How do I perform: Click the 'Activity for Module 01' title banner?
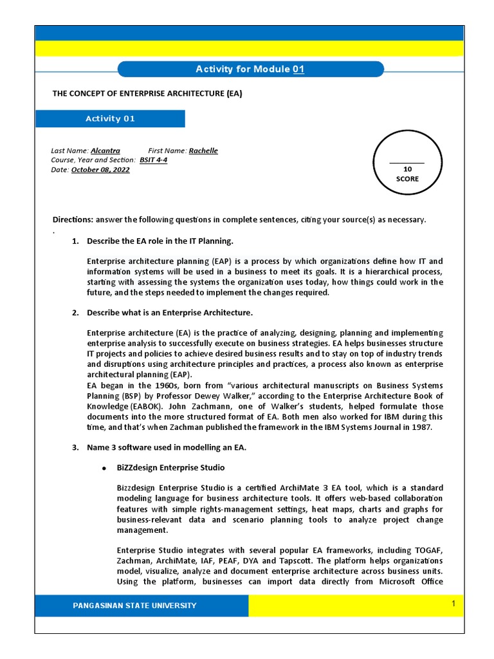click(250, 70)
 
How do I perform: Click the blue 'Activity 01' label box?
click(110, 118)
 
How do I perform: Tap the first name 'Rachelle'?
click(203, 151)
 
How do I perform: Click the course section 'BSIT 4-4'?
click(153, 160)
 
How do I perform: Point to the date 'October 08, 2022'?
click(100, 170)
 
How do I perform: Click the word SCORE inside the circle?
click(407, 179)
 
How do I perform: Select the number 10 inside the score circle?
click(407, 169)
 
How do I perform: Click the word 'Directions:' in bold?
click(73, 219)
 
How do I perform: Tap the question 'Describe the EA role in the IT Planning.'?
click(160, 241)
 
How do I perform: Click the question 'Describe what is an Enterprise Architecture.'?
click(170, 313)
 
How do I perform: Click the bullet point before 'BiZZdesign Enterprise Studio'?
click(103, 468)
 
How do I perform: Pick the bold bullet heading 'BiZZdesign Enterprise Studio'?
click(170, 467)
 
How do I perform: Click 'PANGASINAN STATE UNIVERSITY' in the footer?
click(134, 606)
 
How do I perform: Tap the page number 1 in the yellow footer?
click(453, 604)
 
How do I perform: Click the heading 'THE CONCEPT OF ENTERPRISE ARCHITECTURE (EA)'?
click(147, 93)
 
